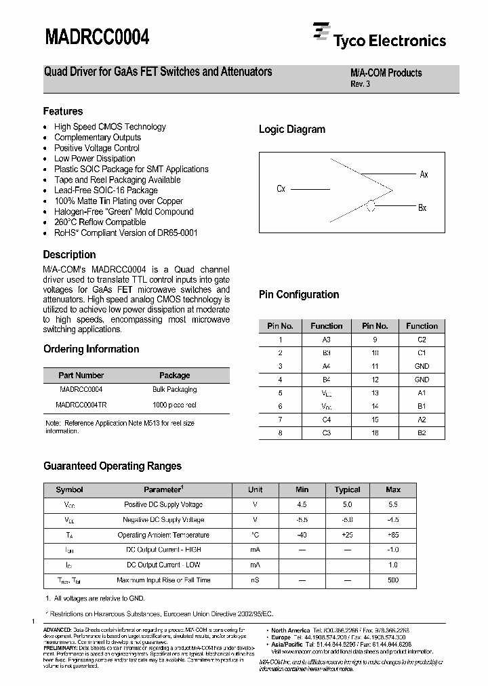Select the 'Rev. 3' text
tap(360, 84)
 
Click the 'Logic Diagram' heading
tap(291, 129)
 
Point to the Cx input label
tap(281, 189)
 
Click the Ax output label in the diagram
tap(424, 175)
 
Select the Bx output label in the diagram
tap(422, 207)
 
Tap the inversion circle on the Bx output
tap(370, 207)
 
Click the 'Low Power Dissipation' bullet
tap(95, 159)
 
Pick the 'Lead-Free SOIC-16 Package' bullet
tap(106, 190)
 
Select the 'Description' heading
tap(69, 255)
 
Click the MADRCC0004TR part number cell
tap(81, 405)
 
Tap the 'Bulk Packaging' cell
tap(174, 390)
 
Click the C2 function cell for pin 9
tap(422, 339)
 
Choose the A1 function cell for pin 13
tap(422, 392)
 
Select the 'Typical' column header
tap(347, 489)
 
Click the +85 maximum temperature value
tap(392, 535)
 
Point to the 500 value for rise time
tap(392, 580)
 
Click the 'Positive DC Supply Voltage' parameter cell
tap(163, 505)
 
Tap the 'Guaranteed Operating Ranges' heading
tap(113, 466)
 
